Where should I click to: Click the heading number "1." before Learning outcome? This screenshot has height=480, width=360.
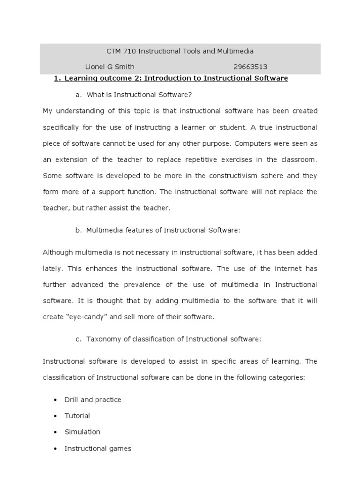[57, 78]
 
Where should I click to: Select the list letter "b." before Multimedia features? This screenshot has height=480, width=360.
[78, 230]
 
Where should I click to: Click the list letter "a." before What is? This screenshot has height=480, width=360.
[78, 95]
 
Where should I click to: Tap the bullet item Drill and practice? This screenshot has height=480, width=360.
[93, 400]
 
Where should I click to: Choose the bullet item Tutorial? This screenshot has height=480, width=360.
[77, 416]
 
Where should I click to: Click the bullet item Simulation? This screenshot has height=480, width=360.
[82, 432]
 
